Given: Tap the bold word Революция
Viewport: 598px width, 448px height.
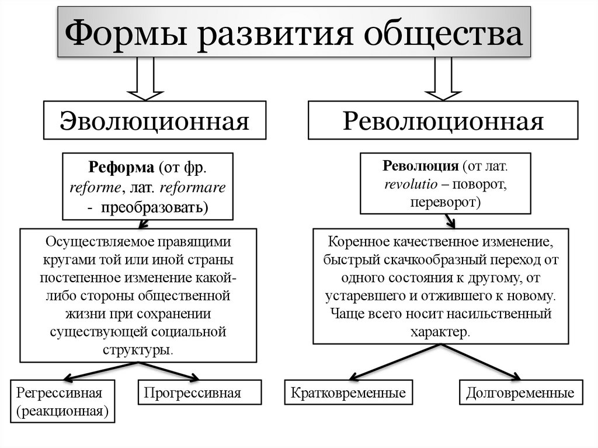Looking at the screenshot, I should click(x=420, y=166).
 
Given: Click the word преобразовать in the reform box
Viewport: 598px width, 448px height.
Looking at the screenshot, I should click(x=154, y=207).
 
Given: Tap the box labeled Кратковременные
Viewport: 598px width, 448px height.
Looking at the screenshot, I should click(x=348, y=393).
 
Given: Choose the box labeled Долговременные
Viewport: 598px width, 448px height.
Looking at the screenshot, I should click(x=520, y=393).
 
